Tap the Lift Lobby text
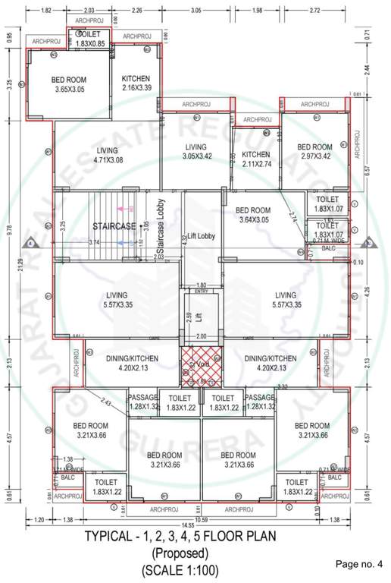[202, 236]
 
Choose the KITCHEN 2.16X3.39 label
[136, 83]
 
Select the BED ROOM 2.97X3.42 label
[314, 152]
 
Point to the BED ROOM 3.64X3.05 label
[253, 215]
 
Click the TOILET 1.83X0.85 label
[90, 39]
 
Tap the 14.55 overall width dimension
[194, 525]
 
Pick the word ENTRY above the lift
[201, 291]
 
